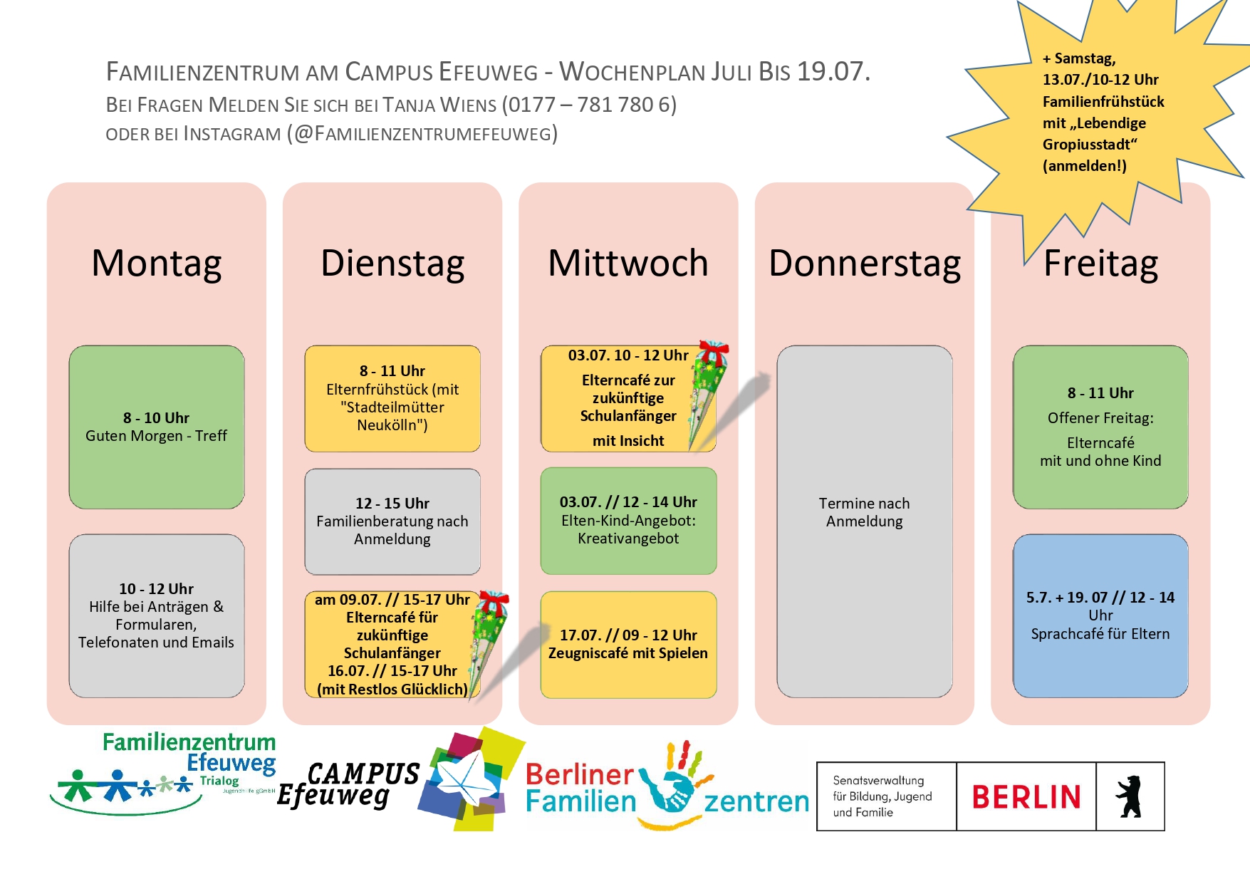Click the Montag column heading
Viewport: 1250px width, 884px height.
tap(157, 264)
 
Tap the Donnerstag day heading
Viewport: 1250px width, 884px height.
tap(865, 264)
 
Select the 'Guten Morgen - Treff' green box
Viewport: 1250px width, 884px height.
tap(157, 427)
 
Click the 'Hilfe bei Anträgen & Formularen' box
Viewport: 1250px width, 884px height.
tap(157, 615)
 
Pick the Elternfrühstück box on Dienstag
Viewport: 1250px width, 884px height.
tap(392, 398)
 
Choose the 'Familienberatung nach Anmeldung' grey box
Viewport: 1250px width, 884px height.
tap(392, 521)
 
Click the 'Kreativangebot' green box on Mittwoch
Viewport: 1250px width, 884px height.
tap(628, 521)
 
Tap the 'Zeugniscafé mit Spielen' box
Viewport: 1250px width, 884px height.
tap(628, 645)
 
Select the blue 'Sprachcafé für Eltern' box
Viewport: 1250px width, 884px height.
tap(1100, 615)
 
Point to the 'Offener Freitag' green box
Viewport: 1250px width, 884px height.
tap(1100, 427)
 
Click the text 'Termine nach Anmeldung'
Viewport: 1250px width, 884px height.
tap(865, 512)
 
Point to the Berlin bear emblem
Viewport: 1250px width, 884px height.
tap(1130, 796)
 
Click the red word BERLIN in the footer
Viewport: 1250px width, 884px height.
tap(1026, 797)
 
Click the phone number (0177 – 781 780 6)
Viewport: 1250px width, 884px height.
tap(589, 105)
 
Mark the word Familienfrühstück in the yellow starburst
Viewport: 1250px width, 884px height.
tap(1103, 102)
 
